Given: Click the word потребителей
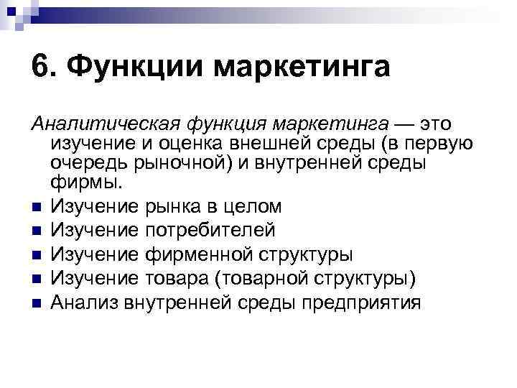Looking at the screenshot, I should pyautogui.click(x=210, y=231).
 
